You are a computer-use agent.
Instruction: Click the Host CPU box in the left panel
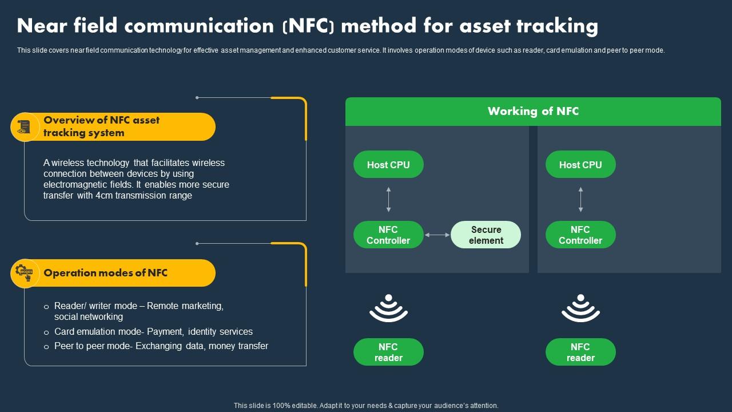coord(388,165)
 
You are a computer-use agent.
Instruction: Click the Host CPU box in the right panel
coord(580,165)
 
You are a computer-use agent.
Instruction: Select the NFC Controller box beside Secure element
coord(388,235)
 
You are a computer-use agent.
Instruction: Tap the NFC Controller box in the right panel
coord(580,235)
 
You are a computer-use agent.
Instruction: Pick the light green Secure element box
coord(486,235)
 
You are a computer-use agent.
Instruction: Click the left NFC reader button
coord(388,352)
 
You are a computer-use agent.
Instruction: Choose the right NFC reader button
coord(580,352)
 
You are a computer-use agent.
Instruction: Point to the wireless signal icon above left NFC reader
coord(388,308)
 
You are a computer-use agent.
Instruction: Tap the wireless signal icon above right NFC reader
coord(580,308)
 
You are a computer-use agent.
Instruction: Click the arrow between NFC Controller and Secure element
coord(437,235)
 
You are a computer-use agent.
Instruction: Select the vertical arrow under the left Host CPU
coord(388,200)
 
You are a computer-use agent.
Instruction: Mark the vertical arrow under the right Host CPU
coord(580,200)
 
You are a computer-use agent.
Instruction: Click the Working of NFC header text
coord(533,112)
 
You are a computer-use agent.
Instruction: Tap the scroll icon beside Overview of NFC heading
coord(24,127)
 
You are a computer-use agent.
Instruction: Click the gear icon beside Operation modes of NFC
coord(24,273)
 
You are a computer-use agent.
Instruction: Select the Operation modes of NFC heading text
coord(106,273)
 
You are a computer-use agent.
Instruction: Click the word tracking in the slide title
coord(557,26)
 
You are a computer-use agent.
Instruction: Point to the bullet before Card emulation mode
coord(46,332)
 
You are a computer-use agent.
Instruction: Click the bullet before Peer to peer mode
coord(46,347)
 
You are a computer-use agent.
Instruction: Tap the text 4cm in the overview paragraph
coord(105,196)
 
